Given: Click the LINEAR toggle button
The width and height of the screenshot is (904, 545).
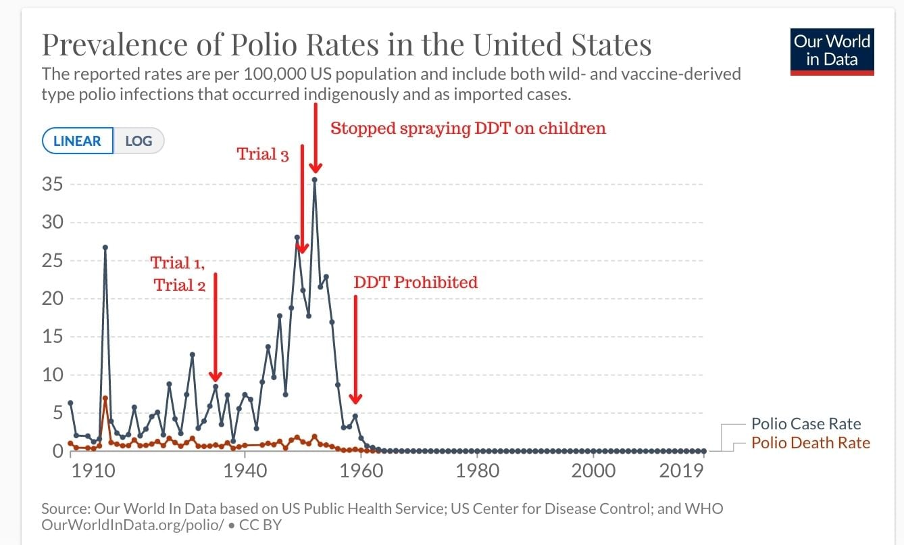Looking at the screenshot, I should [x=78, y=141].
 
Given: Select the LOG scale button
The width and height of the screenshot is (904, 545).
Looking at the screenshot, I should [x=139, y=141].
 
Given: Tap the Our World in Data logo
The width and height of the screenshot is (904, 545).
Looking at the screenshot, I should [x=832, y=52].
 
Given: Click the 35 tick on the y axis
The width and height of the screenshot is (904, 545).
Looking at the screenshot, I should [x=53, y=184].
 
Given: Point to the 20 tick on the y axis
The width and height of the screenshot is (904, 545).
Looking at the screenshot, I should [x=53, y=298].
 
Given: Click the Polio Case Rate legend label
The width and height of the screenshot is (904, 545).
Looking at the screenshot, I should [x=806, y=424].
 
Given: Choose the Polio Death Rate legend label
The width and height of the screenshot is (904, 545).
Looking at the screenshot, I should [x=810, y=443].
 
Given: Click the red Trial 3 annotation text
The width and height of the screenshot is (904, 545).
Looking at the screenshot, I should [x=263, y=154].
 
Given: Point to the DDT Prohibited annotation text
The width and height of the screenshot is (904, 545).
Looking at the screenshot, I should [x=416, y=282].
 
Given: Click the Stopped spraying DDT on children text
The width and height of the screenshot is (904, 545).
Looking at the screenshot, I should [x=468, y=128].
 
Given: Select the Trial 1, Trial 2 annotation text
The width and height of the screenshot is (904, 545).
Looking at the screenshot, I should [x=178, y=273].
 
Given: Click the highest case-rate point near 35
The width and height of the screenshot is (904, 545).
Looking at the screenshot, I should [x=315, y=179].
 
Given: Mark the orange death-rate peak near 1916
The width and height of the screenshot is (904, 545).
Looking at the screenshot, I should [x=105, y=398].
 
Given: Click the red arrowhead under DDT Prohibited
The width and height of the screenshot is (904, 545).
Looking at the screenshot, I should [x=355, y=398].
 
